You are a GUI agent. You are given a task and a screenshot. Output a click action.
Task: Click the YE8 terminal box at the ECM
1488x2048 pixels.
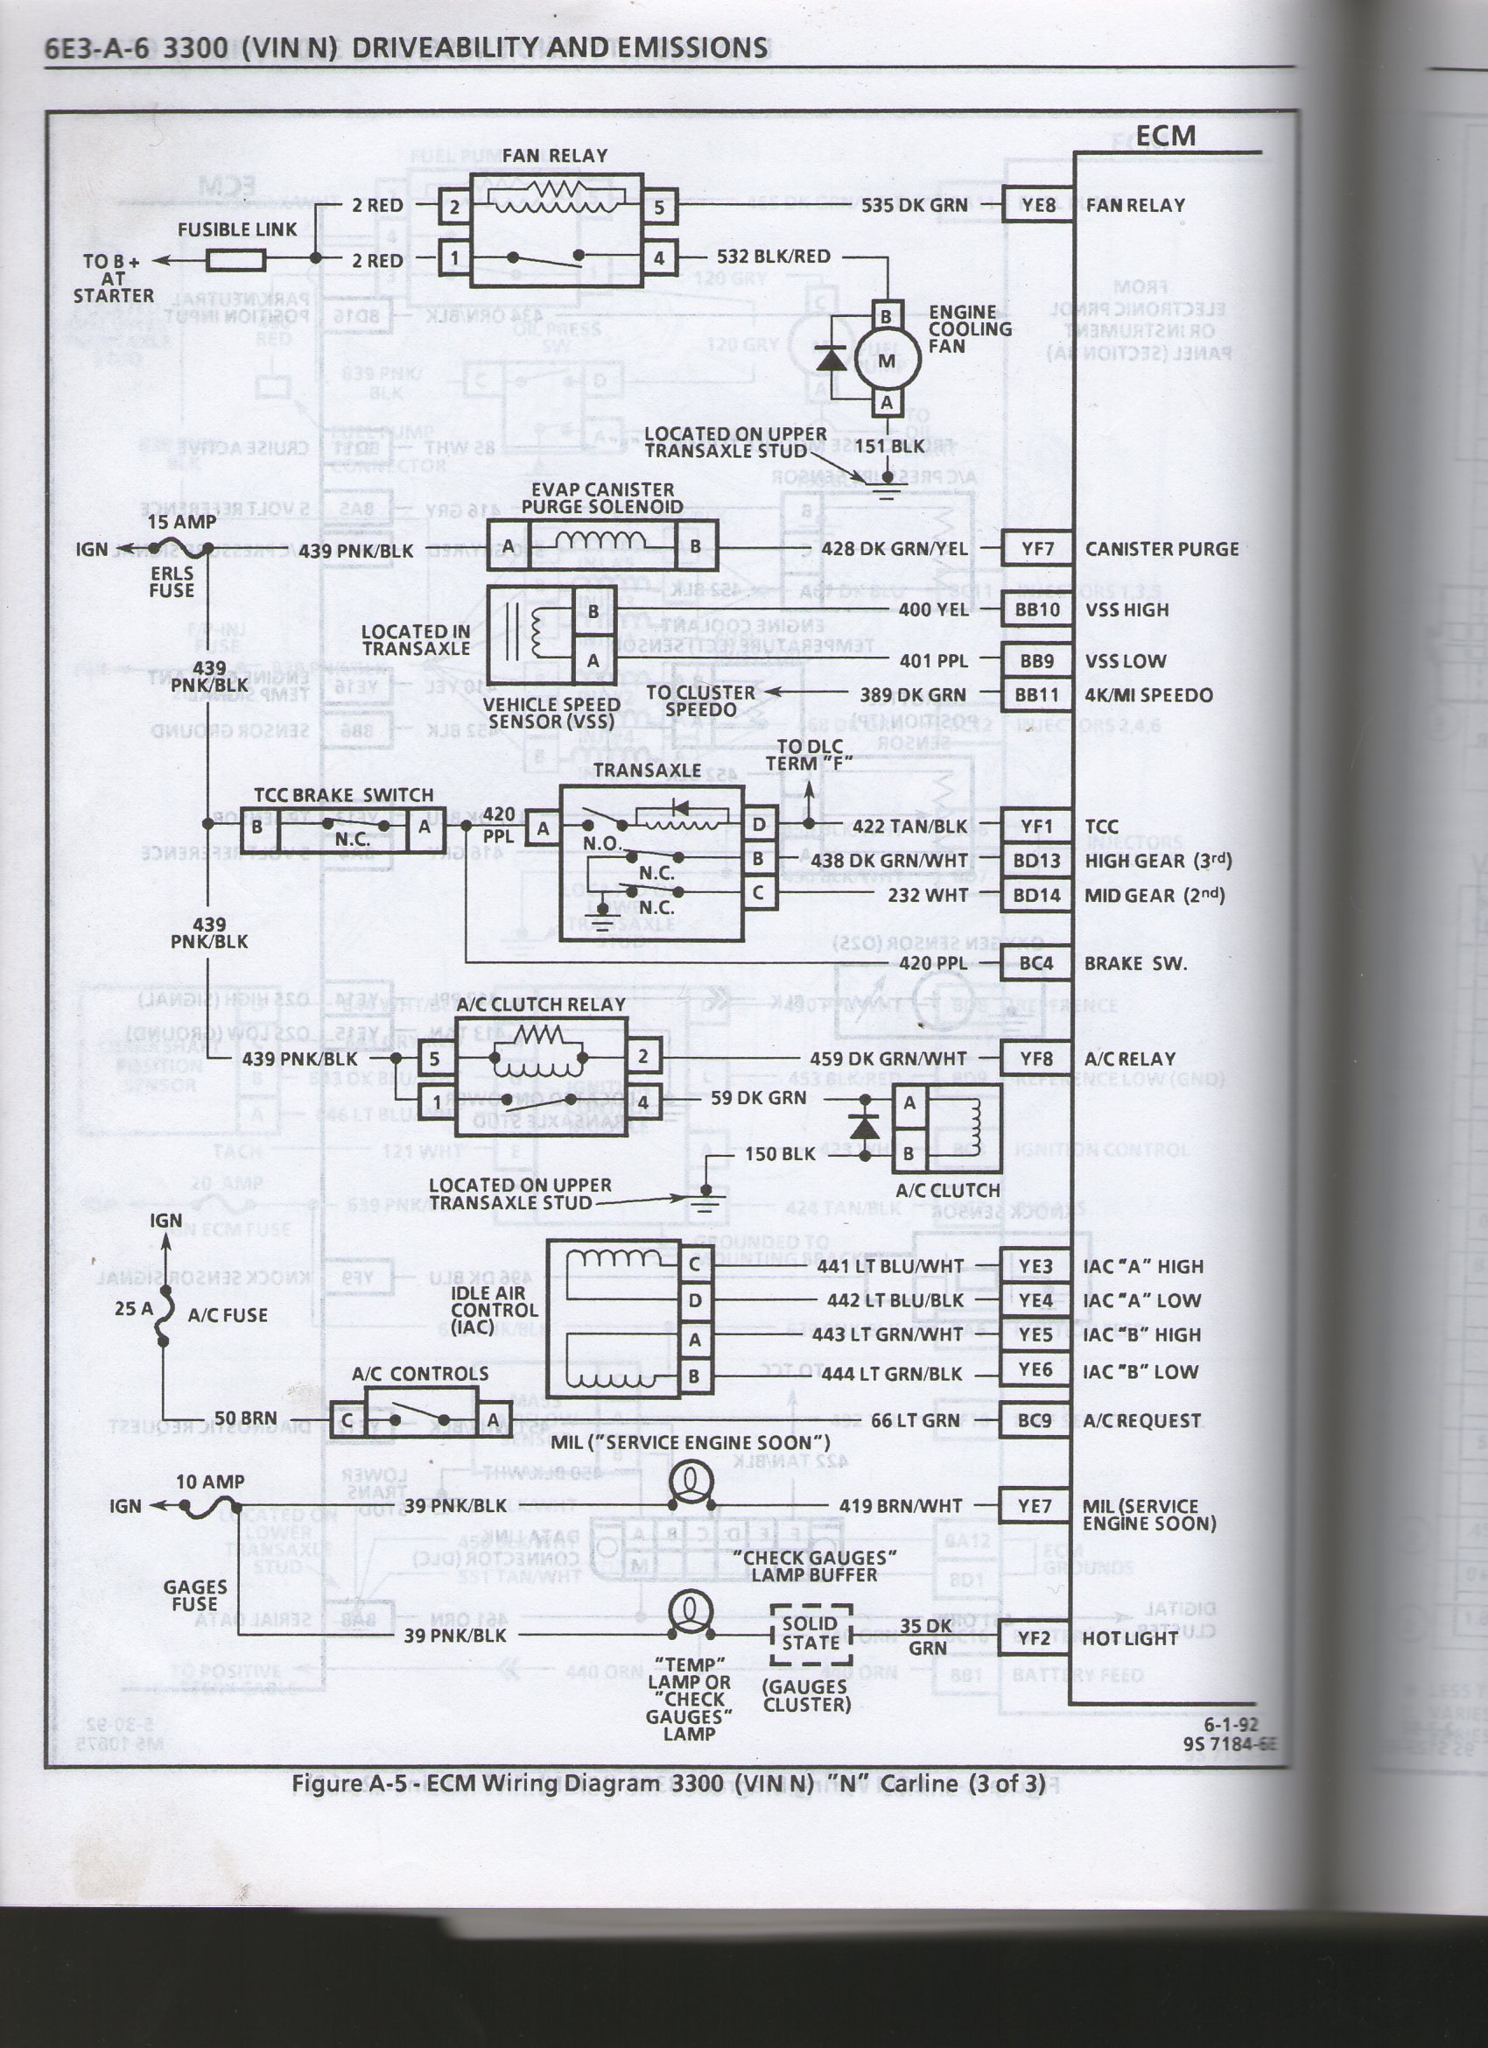point(1038,205)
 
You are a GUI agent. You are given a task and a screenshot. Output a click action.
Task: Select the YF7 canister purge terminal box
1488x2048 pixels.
point(1037,549)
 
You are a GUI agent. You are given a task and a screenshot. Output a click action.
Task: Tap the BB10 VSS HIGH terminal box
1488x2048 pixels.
point(1037,609)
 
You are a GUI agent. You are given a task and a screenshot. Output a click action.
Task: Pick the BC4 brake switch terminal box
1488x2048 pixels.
point(1036,963)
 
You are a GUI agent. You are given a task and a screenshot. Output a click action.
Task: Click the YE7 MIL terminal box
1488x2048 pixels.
point(1035,1505)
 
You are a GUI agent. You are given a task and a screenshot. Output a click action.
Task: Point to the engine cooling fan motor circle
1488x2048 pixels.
point(887,360)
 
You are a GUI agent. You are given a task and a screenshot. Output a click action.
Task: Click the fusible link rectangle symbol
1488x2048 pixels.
point(235,260)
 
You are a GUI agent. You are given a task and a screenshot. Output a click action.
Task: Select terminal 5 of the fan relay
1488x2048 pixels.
point(659,207)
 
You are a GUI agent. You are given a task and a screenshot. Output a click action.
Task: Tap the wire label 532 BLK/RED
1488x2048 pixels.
point(773,257)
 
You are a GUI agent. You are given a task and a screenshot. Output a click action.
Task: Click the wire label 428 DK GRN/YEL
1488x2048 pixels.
point(893,549)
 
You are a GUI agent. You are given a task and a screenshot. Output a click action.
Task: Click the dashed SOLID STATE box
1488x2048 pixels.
point(810,1635)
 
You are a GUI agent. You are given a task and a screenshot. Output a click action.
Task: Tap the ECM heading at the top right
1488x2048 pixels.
point(1165,136)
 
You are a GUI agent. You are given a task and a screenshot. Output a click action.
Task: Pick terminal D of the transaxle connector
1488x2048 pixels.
point(760,824)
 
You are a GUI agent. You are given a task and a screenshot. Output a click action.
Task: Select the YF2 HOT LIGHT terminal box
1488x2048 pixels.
point(1035,1637)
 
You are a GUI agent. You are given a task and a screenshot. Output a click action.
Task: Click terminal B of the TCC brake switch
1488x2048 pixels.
point(258,827)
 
